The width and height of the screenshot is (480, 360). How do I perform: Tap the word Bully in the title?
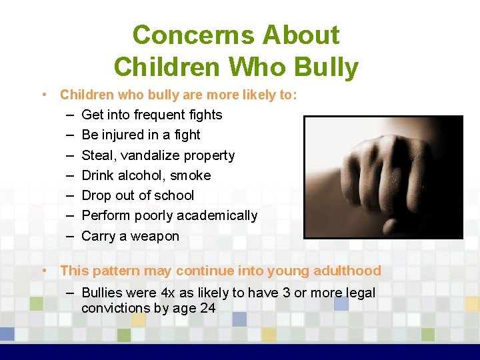(x=326, y=67)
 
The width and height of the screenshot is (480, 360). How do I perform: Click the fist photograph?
(x=383, y=177)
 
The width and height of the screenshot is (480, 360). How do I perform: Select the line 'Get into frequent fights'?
(x=151, y=115)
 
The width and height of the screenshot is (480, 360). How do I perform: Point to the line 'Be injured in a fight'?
(x=141, y=135)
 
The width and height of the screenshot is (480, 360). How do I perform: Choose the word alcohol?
(x=138, y=175)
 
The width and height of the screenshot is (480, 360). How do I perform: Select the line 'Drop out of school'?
(x=137, y=195)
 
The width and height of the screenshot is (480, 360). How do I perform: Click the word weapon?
(x=155, y=236)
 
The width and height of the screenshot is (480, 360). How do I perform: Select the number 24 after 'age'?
(x=208, y=308)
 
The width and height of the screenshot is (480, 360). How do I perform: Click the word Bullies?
(x=103, y=293)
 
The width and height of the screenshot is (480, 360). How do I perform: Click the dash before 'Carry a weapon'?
(x=69, y=236)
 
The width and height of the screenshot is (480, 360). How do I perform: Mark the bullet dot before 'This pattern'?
(x=43, y=270)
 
